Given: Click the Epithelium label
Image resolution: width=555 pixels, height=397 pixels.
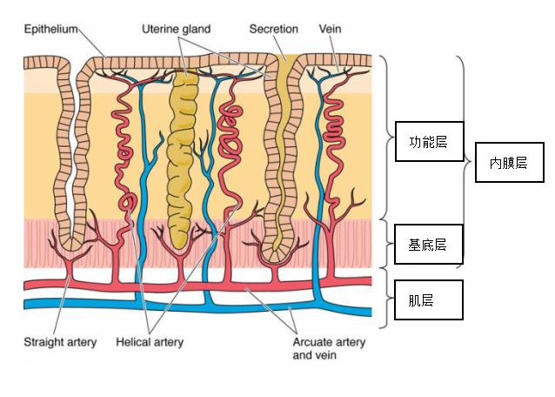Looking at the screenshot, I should point(51,29).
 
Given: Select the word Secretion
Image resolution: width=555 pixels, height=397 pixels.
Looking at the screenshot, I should point(274,29).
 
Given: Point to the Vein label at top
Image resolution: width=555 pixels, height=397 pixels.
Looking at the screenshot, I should point(331,29).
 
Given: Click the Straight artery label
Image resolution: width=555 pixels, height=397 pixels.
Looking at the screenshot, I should point(60,342).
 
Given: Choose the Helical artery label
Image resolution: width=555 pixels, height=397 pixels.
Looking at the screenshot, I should point(150,342).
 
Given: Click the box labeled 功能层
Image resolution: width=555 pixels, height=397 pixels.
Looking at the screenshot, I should point(428,142).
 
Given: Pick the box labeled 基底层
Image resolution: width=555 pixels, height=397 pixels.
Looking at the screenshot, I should point(428,245).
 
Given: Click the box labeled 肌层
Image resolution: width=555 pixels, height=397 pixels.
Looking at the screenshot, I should point(428,300).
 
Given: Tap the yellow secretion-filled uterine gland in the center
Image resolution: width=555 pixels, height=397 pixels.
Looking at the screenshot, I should point(184,157).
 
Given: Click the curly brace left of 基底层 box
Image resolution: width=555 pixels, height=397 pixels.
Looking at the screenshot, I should point(385,244).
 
